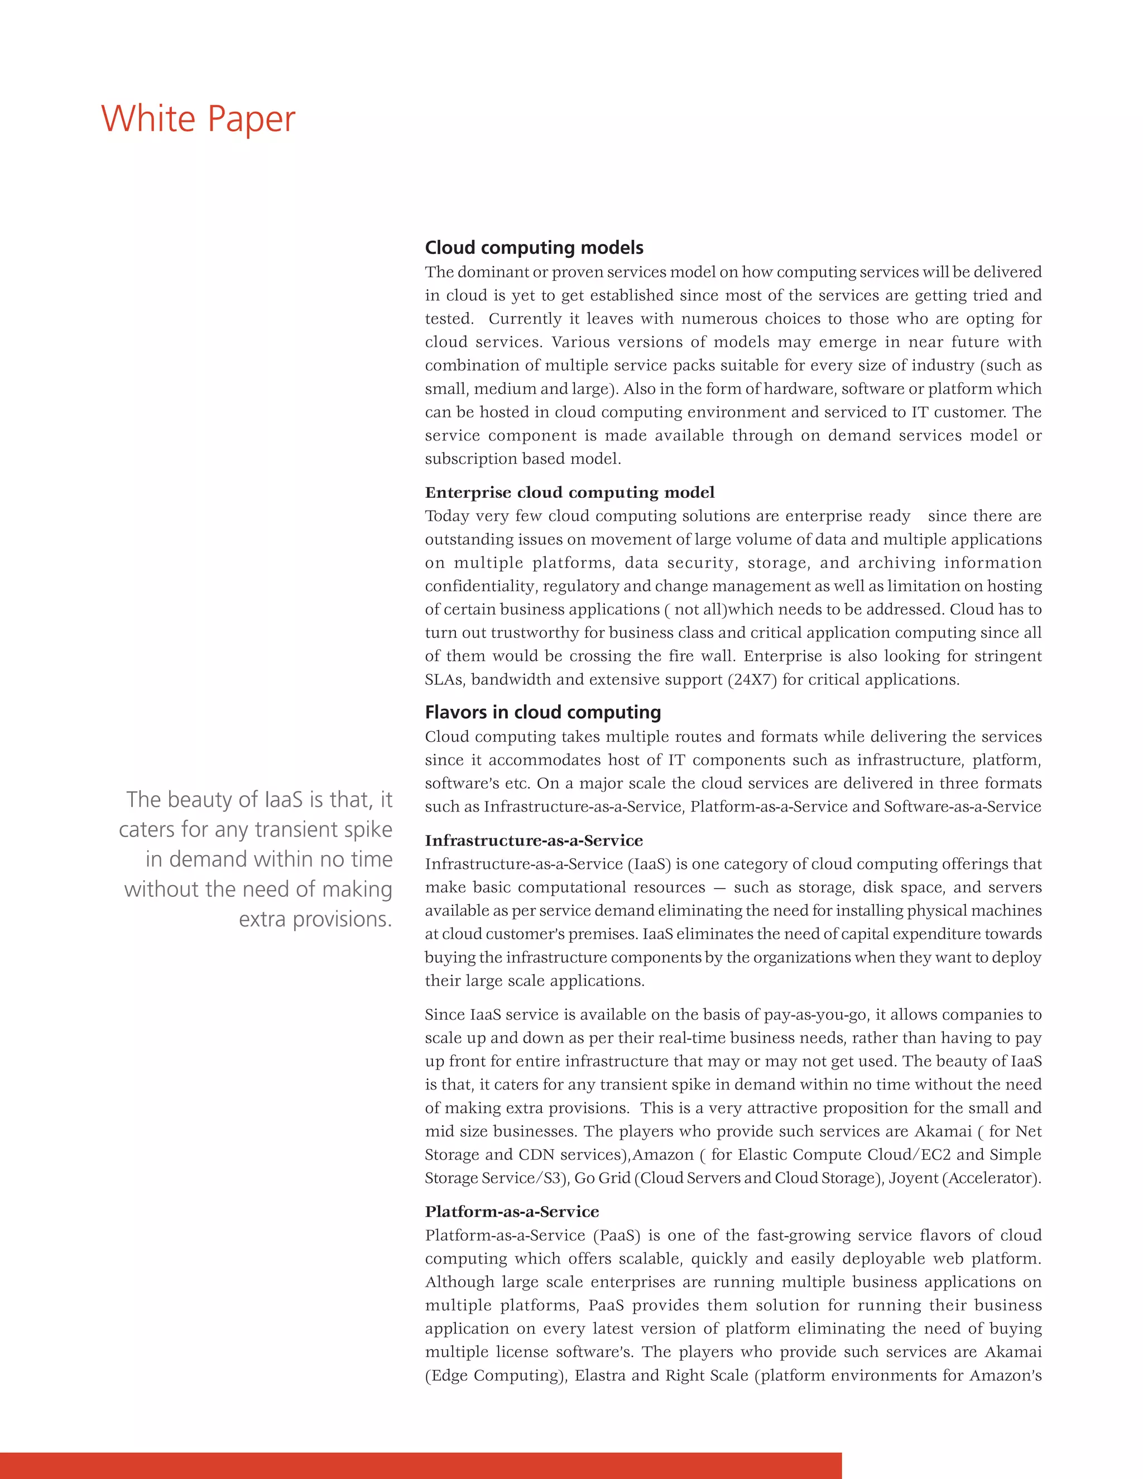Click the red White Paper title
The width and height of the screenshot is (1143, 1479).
pyautogui.click(x=198, y=119)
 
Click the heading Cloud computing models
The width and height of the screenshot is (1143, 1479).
pyautogui.click(x=534, y=247)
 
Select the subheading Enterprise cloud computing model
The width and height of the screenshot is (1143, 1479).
pyautogui.click(x=569, y=492)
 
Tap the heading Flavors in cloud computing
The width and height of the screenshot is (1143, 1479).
pyautogui.click(x=542, y=712)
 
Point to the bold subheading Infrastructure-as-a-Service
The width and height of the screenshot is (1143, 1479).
pyautogui.click(x=534, y=841)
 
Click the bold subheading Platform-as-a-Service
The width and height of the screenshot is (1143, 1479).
pyautogui.click(x=512, y=1212)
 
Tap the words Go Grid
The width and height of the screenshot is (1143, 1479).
pyautogui.click(x=602, y=1178)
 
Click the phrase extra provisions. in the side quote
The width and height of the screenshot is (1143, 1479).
pyautogui.click(x=315, y=919)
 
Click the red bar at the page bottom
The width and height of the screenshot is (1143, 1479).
pyautogui.click(x=420, y=1465)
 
